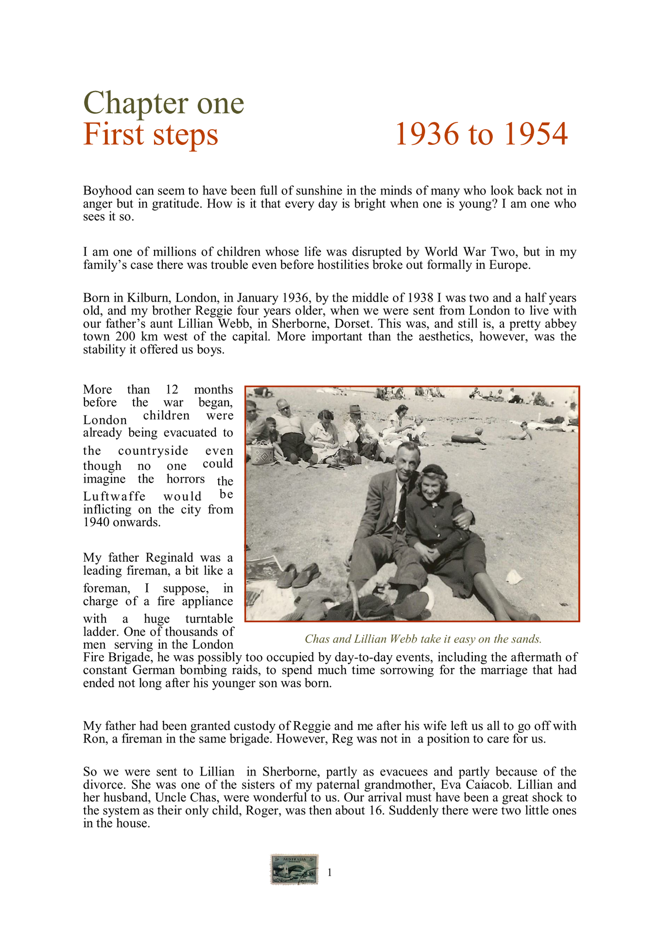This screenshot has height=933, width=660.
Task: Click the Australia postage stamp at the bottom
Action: tap(295, 869)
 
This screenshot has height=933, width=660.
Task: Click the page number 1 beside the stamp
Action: tap(330, 873)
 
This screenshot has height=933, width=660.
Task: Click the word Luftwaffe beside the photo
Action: tap(114, 497)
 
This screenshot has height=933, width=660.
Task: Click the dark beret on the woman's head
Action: tap(434, 470)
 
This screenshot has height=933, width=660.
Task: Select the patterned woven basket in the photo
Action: tap(261, 454)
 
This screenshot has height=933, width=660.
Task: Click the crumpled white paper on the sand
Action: tap(513, 578)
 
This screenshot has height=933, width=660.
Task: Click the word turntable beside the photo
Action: tap(209, 619)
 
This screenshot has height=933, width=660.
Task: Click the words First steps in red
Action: tap(151, 134)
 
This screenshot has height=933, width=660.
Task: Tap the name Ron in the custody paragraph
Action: tap(93, 739)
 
